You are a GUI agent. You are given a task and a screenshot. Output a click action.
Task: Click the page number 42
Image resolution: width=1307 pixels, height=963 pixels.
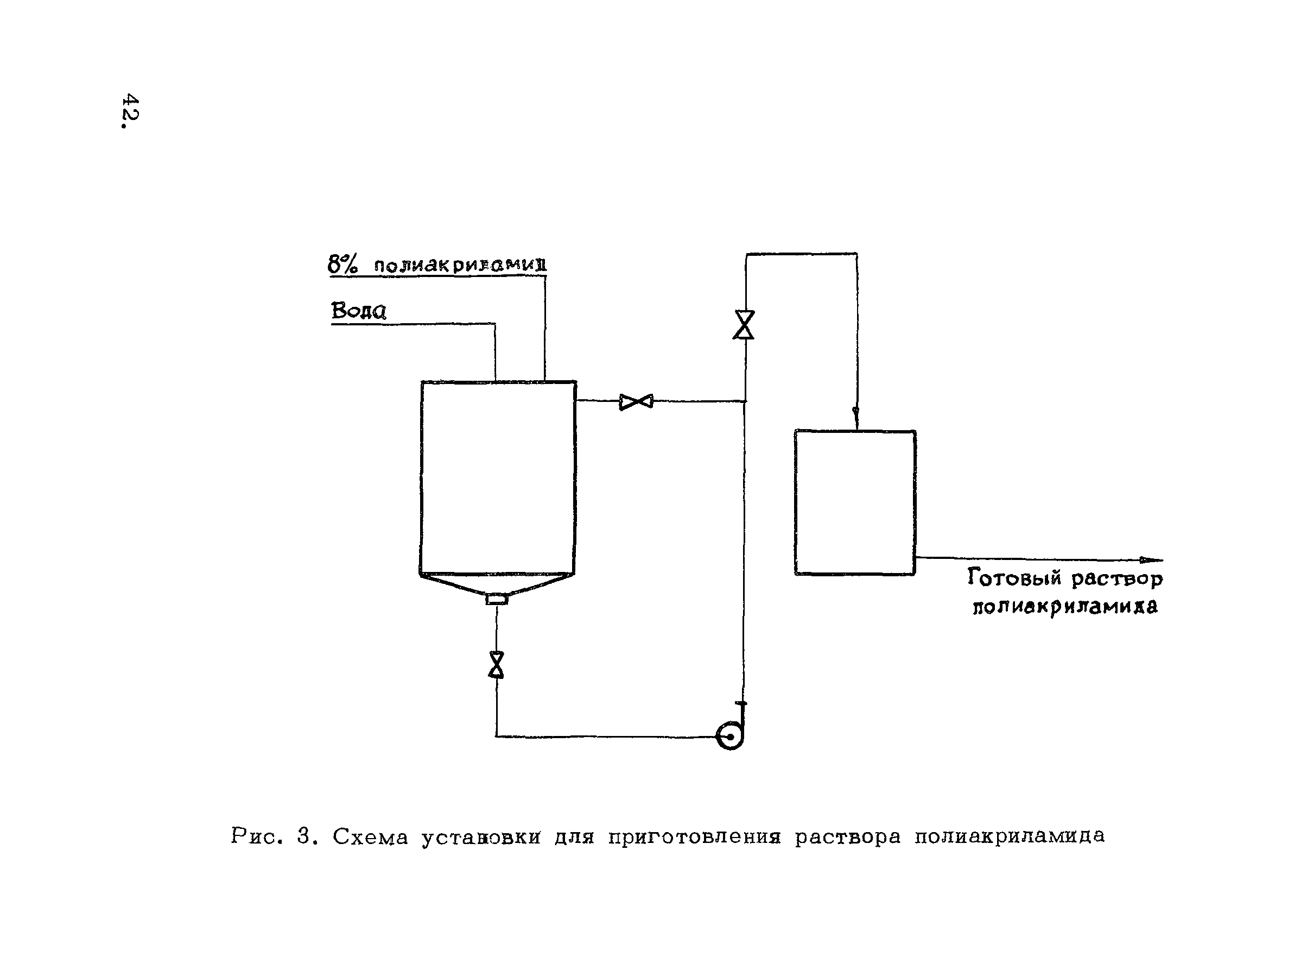coord(130,111)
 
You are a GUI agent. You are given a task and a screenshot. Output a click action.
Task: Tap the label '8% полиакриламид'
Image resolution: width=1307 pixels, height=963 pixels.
coord(437,265)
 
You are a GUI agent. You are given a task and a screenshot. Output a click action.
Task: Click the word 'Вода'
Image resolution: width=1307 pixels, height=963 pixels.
coord(359,311)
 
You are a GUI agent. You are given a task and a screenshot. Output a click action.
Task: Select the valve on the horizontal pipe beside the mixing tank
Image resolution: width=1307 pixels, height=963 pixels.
coord(636,401)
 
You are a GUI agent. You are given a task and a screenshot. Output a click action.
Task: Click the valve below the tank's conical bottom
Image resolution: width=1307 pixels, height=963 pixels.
coord(496,664)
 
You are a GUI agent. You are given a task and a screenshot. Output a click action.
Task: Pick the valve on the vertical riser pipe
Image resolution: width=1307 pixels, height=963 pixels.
coord(744,325)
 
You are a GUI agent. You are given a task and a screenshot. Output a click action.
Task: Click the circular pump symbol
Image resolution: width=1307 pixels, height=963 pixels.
coord(731,737)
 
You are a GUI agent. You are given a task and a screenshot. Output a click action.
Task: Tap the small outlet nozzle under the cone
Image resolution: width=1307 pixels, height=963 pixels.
coord(497,599)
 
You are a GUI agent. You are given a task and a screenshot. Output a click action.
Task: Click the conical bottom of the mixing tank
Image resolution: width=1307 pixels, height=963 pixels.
coord(497,584)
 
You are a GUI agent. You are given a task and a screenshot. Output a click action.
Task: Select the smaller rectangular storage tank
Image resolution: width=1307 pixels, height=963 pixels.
coord(855,502)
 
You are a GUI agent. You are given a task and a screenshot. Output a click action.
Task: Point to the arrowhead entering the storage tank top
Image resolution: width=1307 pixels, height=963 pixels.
coord(855,415)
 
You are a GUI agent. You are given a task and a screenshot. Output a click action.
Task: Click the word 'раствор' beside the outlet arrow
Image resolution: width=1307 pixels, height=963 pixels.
coord(1117,578)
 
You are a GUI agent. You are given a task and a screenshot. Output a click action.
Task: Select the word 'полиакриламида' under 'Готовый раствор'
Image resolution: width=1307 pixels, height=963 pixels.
coord(1065,607)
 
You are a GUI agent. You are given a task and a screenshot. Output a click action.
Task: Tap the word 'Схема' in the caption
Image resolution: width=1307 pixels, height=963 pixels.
coord(370,837)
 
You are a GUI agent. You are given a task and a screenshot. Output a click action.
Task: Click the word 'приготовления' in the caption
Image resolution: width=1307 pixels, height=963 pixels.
coord(694,837)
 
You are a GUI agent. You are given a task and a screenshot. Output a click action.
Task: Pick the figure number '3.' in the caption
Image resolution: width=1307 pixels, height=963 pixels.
coord(308,836)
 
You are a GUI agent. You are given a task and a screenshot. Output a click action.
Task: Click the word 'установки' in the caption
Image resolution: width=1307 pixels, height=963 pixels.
coord(481,837)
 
